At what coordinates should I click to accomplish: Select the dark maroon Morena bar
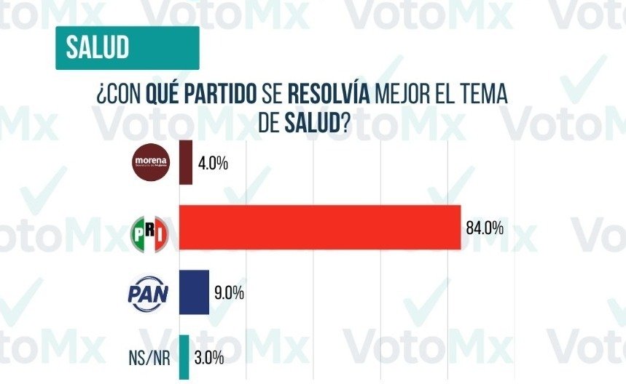click(185, 163)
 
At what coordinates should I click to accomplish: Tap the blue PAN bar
click(194, 292)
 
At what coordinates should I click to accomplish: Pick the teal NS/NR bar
click(184, 356)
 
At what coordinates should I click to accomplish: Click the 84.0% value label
click(485, 228)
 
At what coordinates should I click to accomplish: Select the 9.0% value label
click(228, 293)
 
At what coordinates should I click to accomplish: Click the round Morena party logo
click(149, 161)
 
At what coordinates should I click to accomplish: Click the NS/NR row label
click(146, 358)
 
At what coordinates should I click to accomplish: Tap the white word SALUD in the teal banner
click(97, 47)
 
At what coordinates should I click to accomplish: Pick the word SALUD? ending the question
click(316, 124)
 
